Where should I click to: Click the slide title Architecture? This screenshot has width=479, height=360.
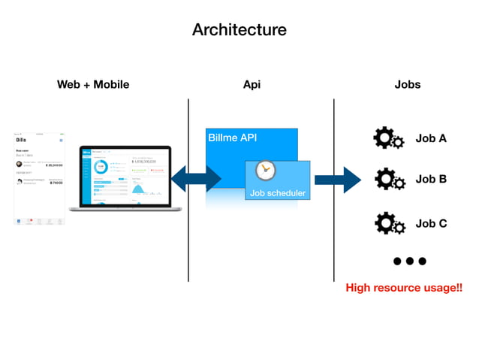[239, 30]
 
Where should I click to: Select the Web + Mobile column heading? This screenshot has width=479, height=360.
[93, 85]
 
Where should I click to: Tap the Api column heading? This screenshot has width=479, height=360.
[252, 85]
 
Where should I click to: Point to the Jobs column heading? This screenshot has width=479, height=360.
[408, 85]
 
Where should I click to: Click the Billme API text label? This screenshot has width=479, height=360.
[232, 138]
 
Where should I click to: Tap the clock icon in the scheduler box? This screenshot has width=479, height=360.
[266, 171]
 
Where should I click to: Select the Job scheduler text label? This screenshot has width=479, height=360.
[277, 194]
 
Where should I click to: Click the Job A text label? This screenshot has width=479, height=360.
[431, 138]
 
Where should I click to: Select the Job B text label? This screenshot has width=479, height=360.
[431, 180]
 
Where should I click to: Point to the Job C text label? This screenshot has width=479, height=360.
[431, 223]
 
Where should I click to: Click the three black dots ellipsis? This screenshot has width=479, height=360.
[409, 261]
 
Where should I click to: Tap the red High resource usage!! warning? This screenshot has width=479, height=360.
[403, 288]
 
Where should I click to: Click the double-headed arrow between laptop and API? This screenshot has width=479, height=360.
[197, 179]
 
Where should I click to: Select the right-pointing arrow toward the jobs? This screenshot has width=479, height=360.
[338, 179]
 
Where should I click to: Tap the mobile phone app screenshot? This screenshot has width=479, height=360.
[39, 178]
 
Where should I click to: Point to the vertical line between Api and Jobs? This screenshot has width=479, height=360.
[333, 188]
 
